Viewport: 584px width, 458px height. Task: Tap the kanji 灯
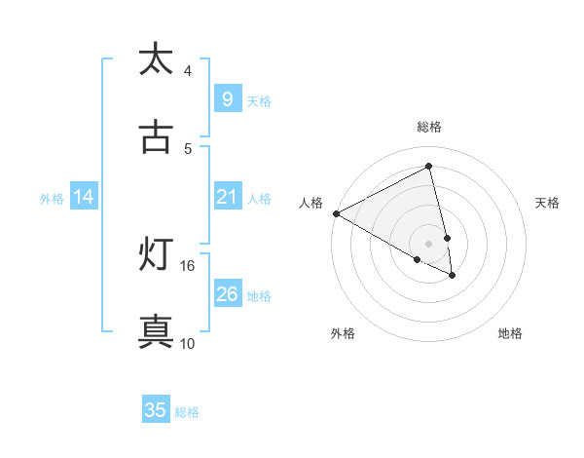tap(156, 254)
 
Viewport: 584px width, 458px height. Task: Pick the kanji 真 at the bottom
tap(156, 331)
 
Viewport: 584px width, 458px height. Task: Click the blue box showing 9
tap(227, 99)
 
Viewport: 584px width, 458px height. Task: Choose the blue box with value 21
tap(227, 197)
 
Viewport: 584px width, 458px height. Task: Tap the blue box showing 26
tap(227, 294)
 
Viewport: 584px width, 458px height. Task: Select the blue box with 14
tap(84, 197)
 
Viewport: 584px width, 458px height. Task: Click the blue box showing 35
tap(156, 410)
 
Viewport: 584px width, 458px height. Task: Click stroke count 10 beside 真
tap(188, 343)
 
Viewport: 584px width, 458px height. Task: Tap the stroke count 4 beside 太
tap(188, 70)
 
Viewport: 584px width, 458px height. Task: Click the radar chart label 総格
tap(429, 127)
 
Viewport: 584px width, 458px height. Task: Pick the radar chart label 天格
tap(548, 203)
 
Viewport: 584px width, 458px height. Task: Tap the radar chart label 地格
tap(510, 333)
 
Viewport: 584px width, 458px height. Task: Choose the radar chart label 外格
tap(343, 333)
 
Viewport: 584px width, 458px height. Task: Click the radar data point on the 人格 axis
tap(336, 213)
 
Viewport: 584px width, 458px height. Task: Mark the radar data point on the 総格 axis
tap(429, 167)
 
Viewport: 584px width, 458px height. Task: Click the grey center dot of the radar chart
tap(429, 243)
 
